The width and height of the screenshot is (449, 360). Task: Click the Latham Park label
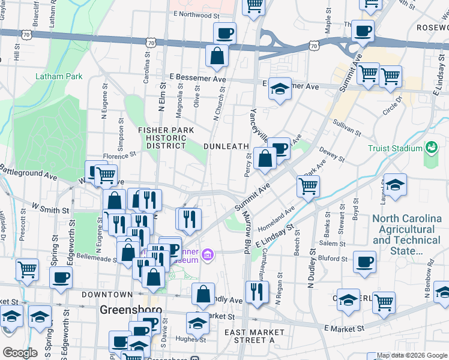click(59, 76)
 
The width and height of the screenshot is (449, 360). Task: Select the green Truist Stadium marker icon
click(431, 147)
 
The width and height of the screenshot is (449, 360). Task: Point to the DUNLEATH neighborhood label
click(226, 146)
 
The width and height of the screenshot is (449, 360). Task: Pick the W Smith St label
click(52, 209)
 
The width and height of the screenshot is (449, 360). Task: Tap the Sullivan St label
click(348, 128)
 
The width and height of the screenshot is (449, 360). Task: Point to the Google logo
click(20, 352)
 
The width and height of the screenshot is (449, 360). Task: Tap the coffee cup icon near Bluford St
click(364, 262)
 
